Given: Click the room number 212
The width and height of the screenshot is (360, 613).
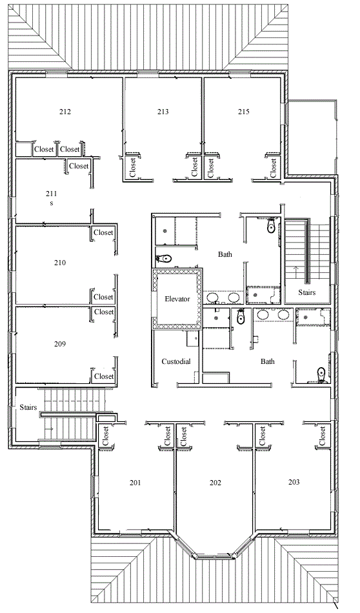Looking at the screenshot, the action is point(65,112).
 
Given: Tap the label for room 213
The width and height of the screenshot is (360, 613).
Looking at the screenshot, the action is point(163,112).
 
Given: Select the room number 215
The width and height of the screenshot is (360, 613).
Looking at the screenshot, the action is point(243,112).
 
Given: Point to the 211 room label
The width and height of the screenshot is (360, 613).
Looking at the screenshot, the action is point(51,194).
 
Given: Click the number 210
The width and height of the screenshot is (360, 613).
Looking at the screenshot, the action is point(60,263).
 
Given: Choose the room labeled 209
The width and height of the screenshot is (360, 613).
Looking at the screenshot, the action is point(60,344).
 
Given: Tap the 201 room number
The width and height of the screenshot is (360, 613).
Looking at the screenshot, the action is point(135,483).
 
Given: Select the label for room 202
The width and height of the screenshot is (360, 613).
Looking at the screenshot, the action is point(215,483).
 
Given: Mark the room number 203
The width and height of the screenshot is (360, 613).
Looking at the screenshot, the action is point(294,482).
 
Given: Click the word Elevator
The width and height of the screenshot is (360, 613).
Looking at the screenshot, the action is point(177,299).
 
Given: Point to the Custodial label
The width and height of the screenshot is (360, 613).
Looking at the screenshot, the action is point(176,361).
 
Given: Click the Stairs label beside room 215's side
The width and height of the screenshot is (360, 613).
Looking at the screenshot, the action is point(307,292).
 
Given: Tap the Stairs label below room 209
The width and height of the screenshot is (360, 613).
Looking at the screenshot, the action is point(28,407).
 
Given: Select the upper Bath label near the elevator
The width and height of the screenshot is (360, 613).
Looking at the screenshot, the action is point(225,254).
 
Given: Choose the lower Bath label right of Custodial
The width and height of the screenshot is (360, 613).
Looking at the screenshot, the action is point(268,361).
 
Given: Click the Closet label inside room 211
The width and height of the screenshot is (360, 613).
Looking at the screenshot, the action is point(79,166).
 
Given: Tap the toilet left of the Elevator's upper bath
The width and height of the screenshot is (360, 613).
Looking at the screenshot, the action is point(164,258).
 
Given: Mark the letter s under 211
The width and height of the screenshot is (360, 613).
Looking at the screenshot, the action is point(51,204).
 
